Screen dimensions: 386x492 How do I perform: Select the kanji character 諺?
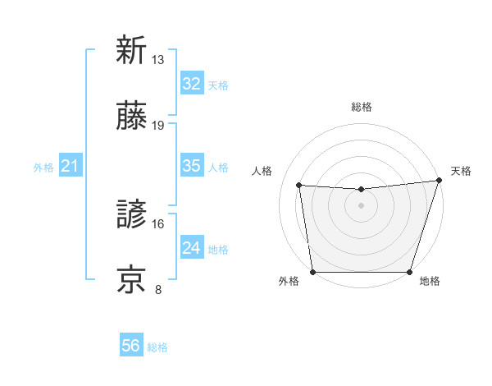pos(131,215)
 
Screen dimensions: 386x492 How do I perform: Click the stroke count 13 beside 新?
pos(158,60)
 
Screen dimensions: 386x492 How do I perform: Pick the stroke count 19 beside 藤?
pos(158,126)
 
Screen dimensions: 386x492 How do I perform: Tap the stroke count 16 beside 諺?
pos(158,223)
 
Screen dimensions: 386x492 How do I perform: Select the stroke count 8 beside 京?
pos(158,289)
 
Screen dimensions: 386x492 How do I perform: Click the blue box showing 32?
pos(191,84)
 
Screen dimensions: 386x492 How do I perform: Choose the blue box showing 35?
pos(191,166)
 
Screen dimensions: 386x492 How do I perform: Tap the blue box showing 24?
pos(191,248)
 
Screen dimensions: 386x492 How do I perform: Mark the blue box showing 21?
pos(70,167)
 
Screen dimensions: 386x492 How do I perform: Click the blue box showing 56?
pos(130,347)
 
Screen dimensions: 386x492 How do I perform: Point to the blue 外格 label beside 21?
pos(43,168)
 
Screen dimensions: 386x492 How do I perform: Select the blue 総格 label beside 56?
pos(157,347)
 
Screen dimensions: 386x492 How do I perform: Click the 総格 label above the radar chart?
pos(361,107)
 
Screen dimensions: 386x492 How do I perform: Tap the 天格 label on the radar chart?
pos(461,171)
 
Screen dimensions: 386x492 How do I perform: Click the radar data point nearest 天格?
pos(439,181)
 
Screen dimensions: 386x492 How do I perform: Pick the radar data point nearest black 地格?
pos(409,272)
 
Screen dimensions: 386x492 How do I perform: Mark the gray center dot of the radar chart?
pos(361,205)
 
